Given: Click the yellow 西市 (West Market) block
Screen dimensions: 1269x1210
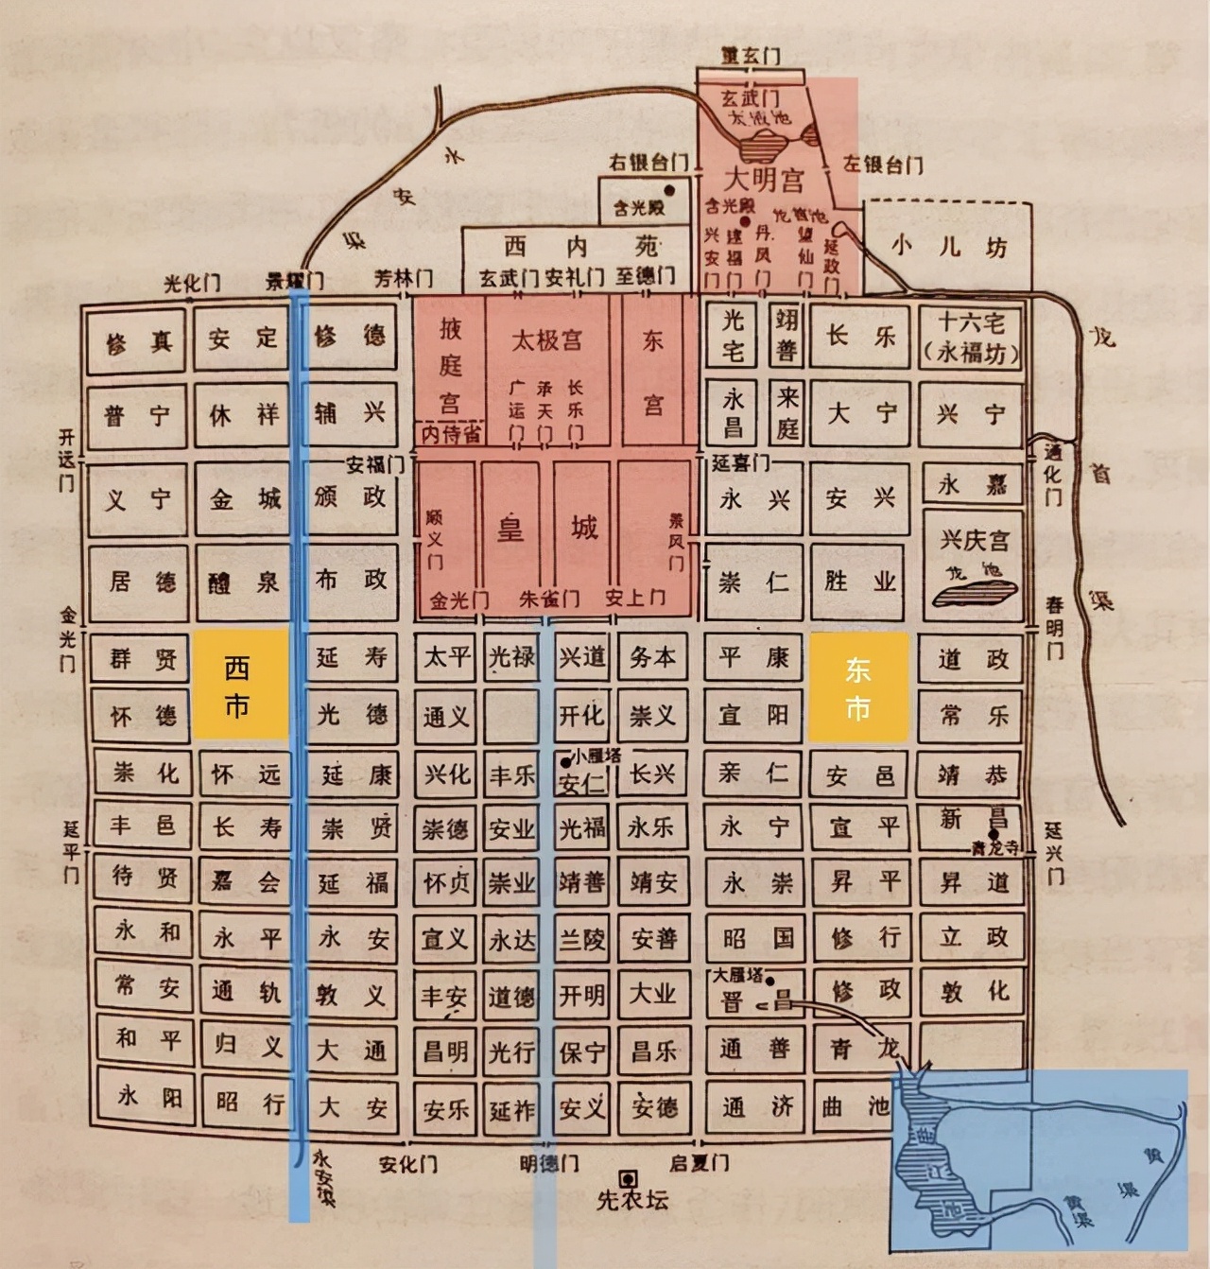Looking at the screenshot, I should click(240, 685).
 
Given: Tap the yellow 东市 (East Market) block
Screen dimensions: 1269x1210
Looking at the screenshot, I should click(858, 687).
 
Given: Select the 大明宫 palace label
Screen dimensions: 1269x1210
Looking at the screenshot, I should click(764, 179).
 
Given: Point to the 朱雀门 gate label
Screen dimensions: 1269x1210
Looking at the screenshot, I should click(549, 599).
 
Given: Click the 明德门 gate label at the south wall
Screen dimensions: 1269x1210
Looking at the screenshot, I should click(549, 1162).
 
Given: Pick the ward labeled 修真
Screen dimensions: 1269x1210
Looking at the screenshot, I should click(139, 341).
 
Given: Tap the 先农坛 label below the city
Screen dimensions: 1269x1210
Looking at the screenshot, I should click(632, 1200).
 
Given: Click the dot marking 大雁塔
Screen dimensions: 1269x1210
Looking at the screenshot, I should click(769, 981).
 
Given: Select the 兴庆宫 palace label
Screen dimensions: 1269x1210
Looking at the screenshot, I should click(974, 541).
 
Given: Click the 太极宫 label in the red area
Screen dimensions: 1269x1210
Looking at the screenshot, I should click(546, 339).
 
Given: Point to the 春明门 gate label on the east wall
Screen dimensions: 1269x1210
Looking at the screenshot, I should click(1054, 627).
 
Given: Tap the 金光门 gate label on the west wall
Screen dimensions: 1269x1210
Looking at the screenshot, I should click(67, 638).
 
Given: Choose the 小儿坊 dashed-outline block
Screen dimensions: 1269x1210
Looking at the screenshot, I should click(948, 247).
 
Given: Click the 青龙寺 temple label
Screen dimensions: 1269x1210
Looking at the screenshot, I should click(996, 847).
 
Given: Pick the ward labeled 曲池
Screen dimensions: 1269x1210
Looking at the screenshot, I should click(856, 1105).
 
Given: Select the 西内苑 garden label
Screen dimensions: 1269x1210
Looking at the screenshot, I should click(579, 247).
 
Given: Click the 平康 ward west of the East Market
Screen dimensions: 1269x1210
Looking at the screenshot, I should click(753, 656).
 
